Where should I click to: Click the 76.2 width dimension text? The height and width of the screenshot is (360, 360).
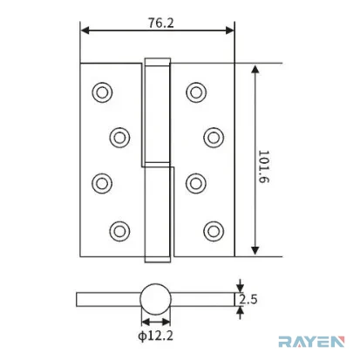click(x=161, y=23)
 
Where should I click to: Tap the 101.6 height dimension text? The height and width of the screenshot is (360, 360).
click(x=264, y=166)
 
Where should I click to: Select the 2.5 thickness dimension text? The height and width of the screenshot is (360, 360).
click(x=248, y=300)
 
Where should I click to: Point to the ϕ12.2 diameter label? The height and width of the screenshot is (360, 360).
click(x=156, y=336)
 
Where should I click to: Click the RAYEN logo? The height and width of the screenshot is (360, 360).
click(x=311, y=342)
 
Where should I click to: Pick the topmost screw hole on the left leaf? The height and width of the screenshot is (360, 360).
click(x=102, y=92)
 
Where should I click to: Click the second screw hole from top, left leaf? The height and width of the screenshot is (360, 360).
click(x=119, y=138)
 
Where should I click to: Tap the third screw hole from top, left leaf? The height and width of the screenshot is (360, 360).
click(x=102, y=183)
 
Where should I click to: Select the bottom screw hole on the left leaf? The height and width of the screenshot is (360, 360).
click(x=119, y=231)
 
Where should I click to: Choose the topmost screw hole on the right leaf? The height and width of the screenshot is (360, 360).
click(x=196, y=92)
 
